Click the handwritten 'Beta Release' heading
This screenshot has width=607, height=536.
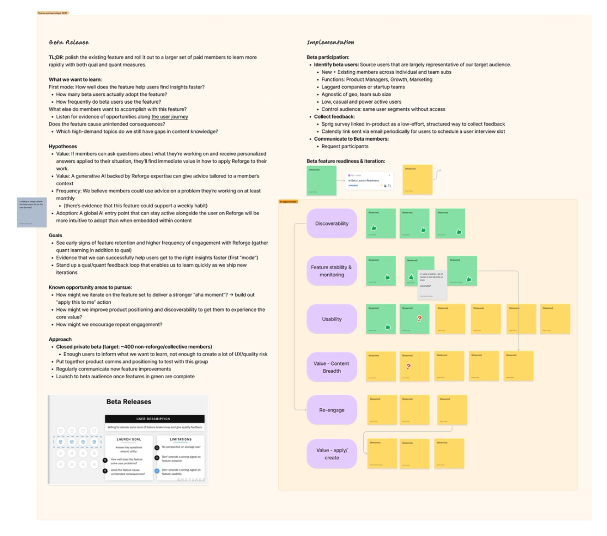point(69,42)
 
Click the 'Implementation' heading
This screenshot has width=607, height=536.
point(330,42)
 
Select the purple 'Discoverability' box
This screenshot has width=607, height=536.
point(332,223)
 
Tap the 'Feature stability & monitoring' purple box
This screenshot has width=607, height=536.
point(332,271)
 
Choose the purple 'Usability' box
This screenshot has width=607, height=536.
point(332,319)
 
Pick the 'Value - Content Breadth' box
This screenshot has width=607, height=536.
point(332,367)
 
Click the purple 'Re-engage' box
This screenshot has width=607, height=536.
point(332,410)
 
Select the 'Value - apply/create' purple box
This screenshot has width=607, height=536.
point(332,454)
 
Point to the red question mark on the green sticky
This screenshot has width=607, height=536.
point(419,318)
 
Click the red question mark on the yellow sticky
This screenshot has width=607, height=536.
point(408,366)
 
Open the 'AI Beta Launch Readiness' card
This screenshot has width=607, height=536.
point(368,181)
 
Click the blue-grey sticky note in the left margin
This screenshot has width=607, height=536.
point(32,212)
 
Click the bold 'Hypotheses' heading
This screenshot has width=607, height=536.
point(63,147)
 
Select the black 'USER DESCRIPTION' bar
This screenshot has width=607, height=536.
point(155,419)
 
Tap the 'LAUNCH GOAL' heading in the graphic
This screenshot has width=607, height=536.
point(130,439)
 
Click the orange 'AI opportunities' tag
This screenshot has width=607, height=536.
point(288,202)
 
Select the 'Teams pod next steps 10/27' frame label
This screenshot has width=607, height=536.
point(52,13)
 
